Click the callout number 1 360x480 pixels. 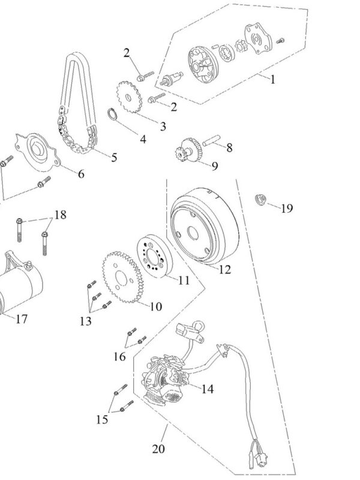(272, 79)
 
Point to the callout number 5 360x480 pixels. (113, 157)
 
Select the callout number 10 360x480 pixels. (155, 306)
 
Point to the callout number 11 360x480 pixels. (184, 279)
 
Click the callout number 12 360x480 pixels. (224, 269)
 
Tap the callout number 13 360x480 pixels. (86, 321)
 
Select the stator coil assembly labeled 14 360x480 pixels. (168, 380)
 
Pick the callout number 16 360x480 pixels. (120, 357)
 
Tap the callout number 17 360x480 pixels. (21, 319)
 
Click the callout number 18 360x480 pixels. (61, 215)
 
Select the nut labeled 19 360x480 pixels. (261, 200)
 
